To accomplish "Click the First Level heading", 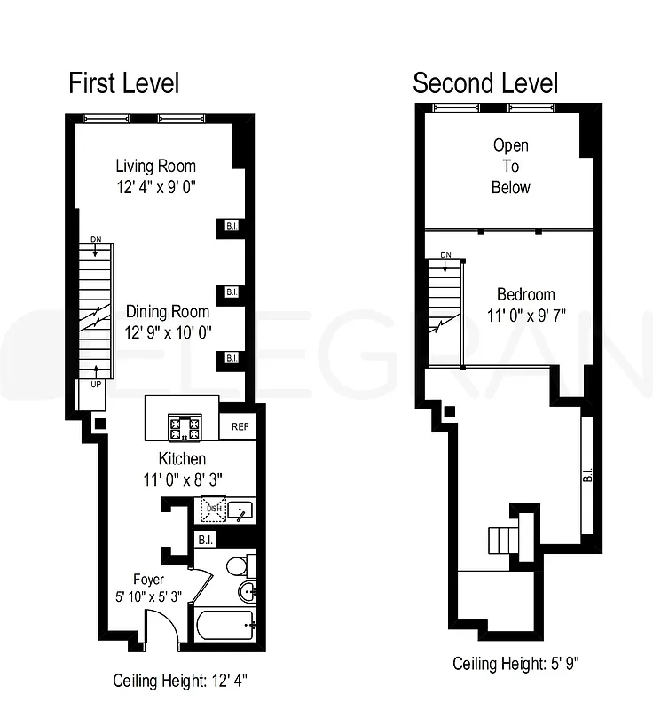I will click(124, 83).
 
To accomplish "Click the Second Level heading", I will click(485, 83).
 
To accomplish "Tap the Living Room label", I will click(156, 166).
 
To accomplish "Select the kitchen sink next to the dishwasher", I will click(241, 510).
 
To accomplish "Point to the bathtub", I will click(224, 627).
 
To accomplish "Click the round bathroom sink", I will click(246, 593).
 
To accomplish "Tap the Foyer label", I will click(148, 580).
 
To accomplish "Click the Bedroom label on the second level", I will click(525, 294).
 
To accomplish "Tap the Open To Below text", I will click(511, 167).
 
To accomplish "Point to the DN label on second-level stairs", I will click(445, 255).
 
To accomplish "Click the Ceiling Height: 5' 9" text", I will click(516, 664).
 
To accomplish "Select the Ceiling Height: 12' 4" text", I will click(179, 682).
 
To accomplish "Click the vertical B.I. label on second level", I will click(588, 475).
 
